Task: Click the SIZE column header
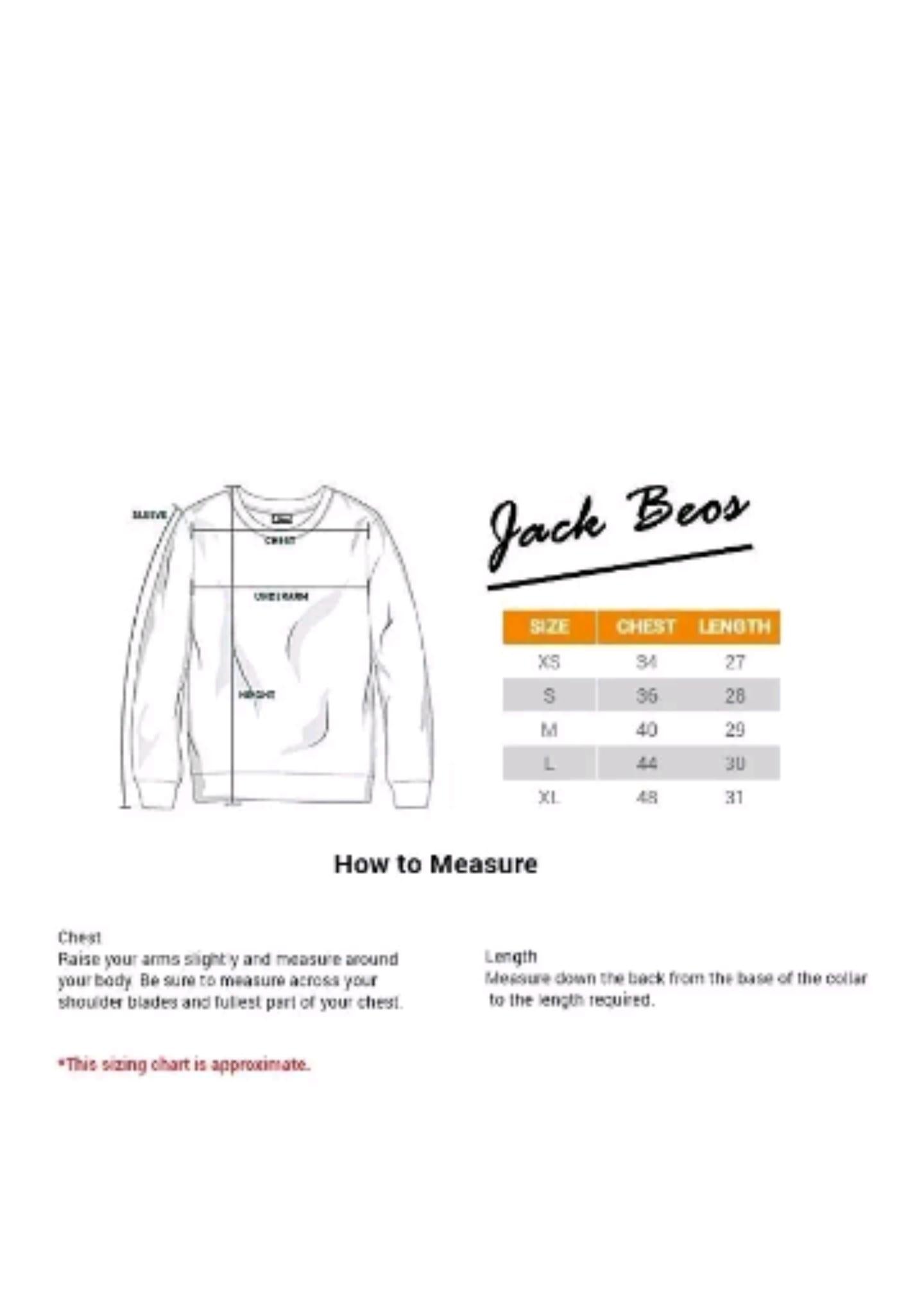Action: [549, 626]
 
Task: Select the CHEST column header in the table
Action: [646, 626]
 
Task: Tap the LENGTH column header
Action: [735, 626]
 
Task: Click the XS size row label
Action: [549, 662]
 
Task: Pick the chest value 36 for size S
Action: [646, 696]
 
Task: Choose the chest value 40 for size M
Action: [646, 730]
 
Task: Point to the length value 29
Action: [735, 730]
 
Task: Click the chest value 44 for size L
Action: [646, 764]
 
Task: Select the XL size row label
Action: [549, 798]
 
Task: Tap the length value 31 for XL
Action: [734, 798]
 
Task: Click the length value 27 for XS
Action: [735, 662]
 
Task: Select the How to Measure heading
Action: [436, 865]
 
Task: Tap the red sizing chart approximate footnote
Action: [185, 1065]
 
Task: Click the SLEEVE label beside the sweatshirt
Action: [150, 515]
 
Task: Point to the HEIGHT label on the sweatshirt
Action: [257, 694]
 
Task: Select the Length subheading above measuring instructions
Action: [511, 957]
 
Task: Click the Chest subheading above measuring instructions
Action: [80, 938]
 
